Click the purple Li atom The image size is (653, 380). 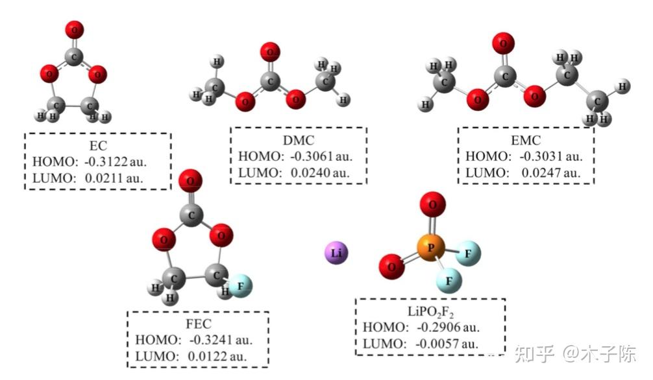coord(336,252)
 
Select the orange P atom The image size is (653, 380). coord(427,247)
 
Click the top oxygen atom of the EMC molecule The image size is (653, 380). coord(500,43)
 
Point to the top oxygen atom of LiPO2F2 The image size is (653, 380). coord(432,207)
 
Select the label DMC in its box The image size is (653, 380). coord(299,140)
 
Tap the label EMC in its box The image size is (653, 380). coord(526,140)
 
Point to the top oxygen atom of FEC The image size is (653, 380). coord(190,179)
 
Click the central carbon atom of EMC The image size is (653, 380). coord(504,76)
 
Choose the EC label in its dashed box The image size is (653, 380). coord(98,145)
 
